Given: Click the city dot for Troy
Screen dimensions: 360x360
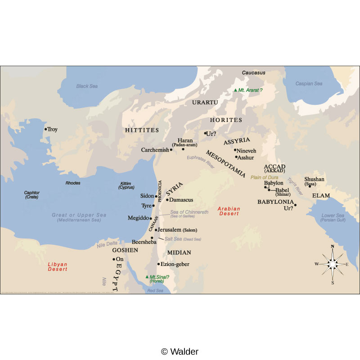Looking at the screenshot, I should point(45,129).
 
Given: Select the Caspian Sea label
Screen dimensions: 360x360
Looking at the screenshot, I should point(309,84).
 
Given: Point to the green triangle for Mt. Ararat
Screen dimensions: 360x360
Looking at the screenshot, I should point(235,90).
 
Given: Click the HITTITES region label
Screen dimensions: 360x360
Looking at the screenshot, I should point(142,130).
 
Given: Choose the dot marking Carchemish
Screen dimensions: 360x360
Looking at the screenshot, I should point(171,150).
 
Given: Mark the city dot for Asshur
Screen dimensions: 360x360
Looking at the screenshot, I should point(236,157).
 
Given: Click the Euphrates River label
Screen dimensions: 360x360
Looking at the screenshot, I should point(201,162).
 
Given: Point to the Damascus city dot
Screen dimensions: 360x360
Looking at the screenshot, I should point(167,200).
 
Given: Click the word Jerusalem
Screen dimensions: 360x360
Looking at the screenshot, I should point(170,230).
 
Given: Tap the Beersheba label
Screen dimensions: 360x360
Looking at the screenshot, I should point(141,242).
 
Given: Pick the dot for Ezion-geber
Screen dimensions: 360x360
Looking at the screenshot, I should point(158,264).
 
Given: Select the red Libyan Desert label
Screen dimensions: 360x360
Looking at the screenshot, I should point(57,266).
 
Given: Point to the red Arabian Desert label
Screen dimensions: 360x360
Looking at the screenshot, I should point(229,211).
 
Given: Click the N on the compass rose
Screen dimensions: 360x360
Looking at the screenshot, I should point(332,247).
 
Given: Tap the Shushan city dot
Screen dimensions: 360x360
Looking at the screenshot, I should point(310,186).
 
